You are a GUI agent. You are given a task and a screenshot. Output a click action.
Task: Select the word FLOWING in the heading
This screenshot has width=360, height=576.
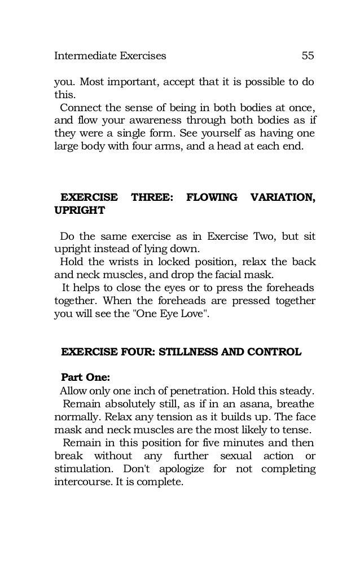pos(212,198)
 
